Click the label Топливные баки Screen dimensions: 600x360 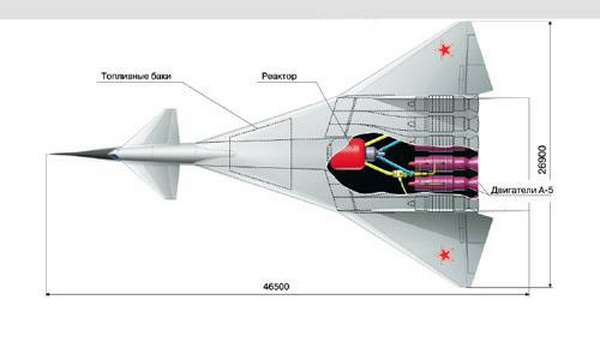tap(136, 76)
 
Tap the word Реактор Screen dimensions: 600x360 tap(279, 76)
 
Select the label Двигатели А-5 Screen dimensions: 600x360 tap(522, 190)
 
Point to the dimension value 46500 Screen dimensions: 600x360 tap(276, 287)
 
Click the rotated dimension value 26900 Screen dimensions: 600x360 tap(542, 160)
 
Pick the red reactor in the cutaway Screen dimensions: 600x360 tap(348, 154)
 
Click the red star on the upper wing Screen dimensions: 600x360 tap(444, 50)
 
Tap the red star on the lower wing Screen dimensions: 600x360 tap(444, 255)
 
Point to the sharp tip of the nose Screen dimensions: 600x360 tap(50, 154)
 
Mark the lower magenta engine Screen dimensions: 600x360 tap(444, 183)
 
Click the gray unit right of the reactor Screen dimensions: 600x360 tap(372, 154)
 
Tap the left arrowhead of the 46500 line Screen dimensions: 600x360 tap(48, 295)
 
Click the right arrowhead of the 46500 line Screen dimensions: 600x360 tap(527, 295)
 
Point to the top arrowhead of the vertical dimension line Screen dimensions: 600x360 tap(550, 24)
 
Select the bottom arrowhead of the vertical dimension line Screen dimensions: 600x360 tap(550, 285)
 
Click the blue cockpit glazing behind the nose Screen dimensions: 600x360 tap(113, 155)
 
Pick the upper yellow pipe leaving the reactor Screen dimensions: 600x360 tap(376, 140)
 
